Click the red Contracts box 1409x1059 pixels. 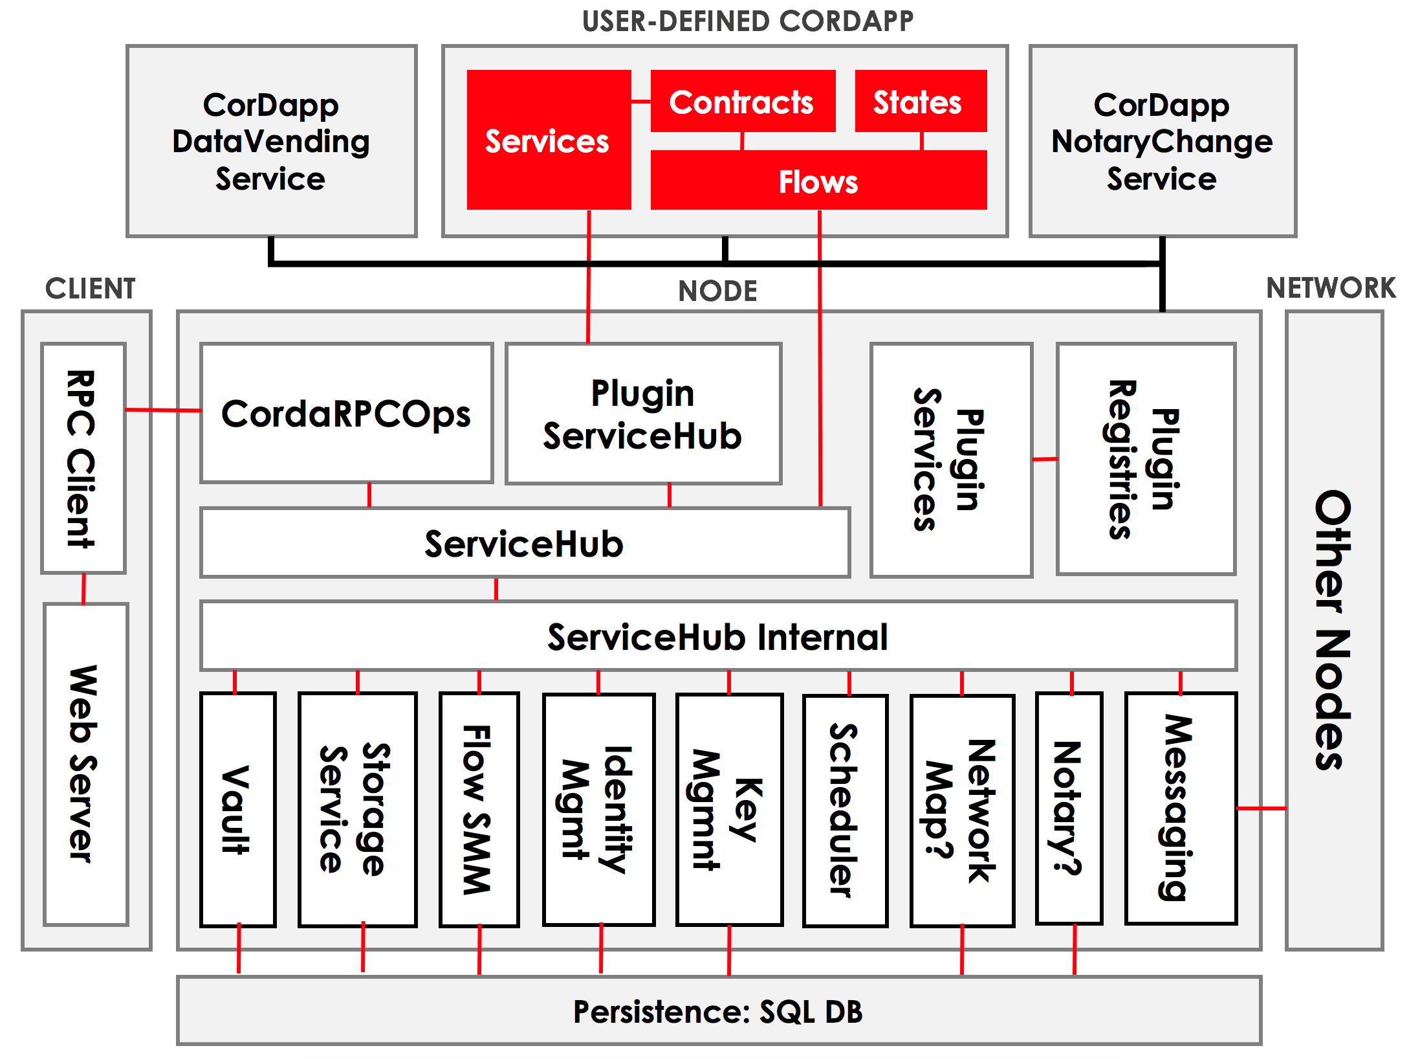(x=742, y=102)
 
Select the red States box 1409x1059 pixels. (x=920, y=102)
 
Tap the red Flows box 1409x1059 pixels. (x=818, y=181)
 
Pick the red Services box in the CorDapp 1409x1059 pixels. (x=548, y=140)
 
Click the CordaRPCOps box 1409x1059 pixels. (x=346, y=414)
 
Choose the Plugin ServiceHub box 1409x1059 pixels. (x=643, y=414)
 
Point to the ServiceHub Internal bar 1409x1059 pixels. (x=718, y=636)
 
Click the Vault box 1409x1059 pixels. (x=237, y=809)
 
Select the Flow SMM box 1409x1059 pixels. (x=479, y=809)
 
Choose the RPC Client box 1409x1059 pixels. (x=83, y=458)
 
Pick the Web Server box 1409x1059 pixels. (x=85, y=764)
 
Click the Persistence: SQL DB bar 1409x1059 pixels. (x=718, y=1011)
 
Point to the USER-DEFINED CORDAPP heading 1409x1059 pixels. (x=747, y=21)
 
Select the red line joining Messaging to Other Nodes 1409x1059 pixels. (x=1261, y=808)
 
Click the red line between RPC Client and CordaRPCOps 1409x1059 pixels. (x=163, y=410)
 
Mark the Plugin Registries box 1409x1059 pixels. (x=1146, y=458)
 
